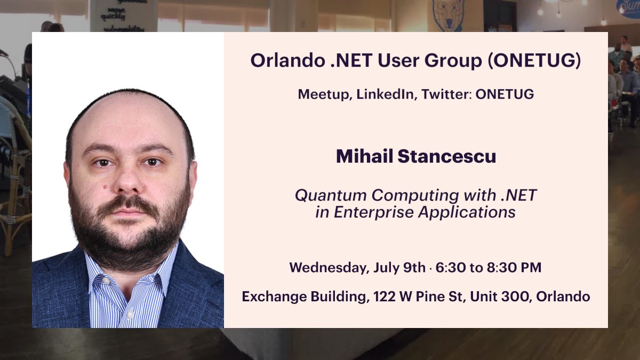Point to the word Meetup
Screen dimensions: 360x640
pos(324,94)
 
